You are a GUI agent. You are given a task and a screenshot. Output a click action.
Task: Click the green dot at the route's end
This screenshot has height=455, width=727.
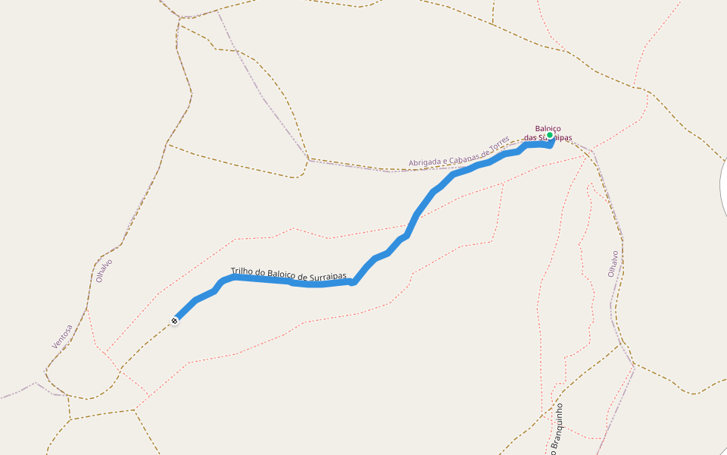coord(550,135)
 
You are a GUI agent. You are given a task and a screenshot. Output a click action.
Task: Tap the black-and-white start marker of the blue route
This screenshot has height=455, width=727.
coord(175,321)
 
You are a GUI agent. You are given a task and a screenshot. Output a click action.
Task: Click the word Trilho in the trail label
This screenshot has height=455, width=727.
coord(242,271)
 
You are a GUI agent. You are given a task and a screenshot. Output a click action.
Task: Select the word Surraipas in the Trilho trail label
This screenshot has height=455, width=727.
coord(328,276)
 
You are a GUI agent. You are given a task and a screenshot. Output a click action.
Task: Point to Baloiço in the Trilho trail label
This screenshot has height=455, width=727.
coord(282,274)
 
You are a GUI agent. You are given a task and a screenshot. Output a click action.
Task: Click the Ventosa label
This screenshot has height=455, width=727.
coord(62,336)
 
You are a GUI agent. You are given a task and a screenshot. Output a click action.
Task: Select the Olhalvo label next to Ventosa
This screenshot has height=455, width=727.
coord(104,270)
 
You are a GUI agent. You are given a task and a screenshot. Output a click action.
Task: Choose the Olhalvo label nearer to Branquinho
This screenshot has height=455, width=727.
coord(613,263)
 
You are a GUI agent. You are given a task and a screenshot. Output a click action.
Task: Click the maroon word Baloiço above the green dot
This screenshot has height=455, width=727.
coord(548,128)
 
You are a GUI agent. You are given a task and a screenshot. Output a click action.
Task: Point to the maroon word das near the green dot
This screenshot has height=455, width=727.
coord(530,137)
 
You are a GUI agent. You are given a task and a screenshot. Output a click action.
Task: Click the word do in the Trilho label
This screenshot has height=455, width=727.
coord(261,272)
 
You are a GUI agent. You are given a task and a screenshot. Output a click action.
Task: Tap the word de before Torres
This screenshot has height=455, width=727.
coord(485,149)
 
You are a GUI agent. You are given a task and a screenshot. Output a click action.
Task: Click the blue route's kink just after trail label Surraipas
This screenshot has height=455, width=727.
coord(353,283)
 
